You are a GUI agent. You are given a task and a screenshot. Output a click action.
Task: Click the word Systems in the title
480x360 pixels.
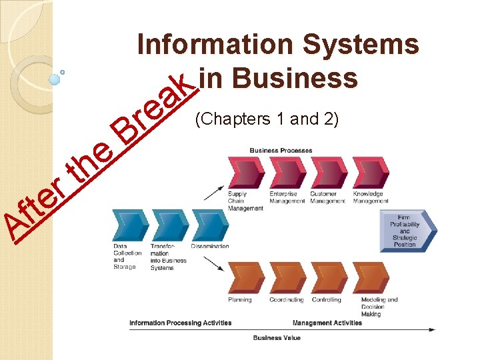(x=361, y=45)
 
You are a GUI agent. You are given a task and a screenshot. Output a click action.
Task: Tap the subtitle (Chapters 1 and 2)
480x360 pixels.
(x=267, y=119)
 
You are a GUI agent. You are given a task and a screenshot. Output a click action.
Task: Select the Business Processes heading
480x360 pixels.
(x=281, y=150)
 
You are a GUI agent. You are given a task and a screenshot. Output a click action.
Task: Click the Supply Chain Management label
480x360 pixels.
(x=237, y=201)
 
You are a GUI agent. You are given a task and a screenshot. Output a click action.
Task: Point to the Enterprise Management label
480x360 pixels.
(x=284, y=197)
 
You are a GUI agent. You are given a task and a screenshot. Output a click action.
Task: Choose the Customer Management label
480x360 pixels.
(x=327, y=197)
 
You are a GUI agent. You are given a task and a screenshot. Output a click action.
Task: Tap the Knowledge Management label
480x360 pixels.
(x=371, y=197)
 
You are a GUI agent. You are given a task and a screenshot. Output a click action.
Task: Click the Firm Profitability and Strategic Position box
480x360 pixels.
(x=405, y=231)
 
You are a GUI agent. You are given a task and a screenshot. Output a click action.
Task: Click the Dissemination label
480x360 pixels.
(x=210, y=246)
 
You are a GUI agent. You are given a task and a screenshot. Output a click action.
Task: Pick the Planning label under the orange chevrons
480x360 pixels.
(x=240, y=300)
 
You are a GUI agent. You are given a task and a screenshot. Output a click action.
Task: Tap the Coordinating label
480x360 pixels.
(x=287, y=300)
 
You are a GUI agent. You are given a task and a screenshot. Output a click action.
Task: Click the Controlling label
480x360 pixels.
(x=327, y=300)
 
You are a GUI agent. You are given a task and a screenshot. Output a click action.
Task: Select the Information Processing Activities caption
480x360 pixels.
(x=180, y=323)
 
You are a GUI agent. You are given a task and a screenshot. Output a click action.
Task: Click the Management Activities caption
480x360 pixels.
(x=327, y=323)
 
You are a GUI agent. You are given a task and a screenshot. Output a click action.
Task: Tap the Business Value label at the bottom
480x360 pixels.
(x=277, y=338)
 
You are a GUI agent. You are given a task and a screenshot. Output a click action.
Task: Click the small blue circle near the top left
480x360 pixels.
(x=55, y=79)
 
